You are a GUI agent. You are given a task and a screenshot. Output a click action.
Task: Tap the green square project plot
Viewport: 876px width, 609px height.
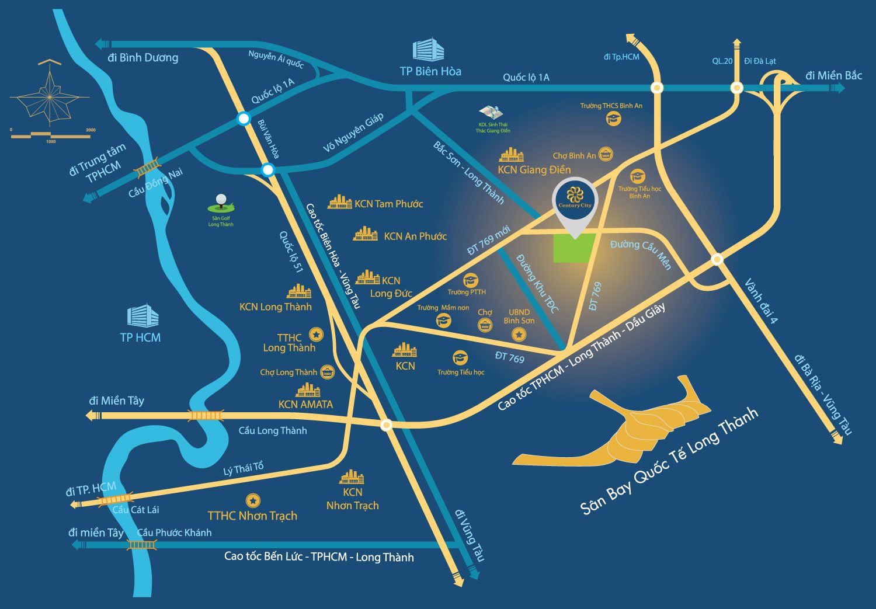point(574,248)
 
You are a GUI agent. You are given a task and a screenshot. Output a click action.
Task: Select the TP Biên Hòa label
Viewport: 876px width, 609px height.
point(430,71)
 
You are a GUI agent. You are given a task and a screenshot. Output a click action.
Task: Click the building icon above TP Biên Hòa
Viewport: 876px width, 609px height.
point(428,50)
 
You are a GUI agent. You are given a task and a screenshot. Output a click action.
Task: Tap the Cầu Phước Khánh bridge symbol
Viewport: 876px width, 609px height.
point(141,545)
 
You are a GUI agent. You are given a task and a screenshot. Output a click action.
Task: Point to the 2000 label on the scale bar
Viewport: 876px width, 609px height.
point(91,130)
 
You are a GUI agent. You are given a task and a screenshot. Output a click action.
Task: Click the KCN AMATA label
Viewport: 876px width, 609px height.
point(305,404)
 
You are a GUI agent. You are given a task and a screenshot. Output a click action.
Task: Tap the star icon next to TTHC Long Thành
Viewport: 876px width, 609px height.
point(316,334)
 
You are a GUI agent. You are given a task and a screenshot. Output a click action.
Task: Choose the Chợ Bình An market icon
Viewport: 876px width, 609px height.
point(606,155)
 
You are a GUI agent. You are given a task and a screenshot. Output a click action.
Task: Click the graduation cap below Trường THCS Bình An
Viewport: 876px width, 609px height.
point(613,119)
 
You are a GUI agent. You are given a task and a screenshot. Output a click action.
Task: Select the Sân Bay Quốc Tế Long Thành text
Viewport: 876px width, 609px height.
point(669,461)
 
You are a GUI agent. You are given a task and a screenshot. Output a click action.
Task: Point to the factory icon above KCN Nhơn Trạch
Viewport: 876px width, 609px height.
point(352,477)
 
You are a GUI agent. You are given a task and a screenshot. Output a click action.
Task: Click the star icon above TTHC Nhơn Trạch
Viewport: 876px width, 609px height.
point(252,500)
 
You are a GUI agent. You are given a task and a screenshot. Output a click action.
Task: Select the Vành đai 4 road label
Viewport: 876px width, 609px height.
point(761,301)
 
